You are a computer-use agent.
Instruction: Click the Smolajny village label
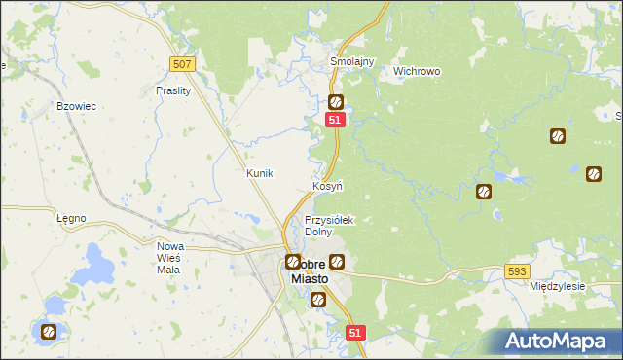351,59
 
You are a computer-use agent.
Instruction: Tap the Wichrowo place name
417,71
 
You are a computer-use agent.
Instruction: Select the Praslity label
173,90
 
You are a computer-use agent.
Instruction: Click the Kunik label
260,172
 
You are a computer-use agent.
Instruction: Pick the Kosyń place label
326,185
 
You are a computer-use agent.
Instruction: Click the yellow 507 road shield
182,63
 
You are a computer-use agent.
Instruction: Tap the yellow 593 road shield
518,271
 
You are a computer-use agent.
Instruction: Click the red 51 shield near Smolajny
335,119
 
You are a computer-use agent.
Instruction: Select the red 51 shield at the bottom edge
355,333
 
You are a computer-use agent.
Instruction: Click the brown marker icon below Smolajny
336,102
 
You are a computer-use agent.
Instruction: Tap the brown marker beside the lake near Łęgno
48,332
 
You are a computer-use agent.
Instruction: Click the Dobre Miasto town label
311,270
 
